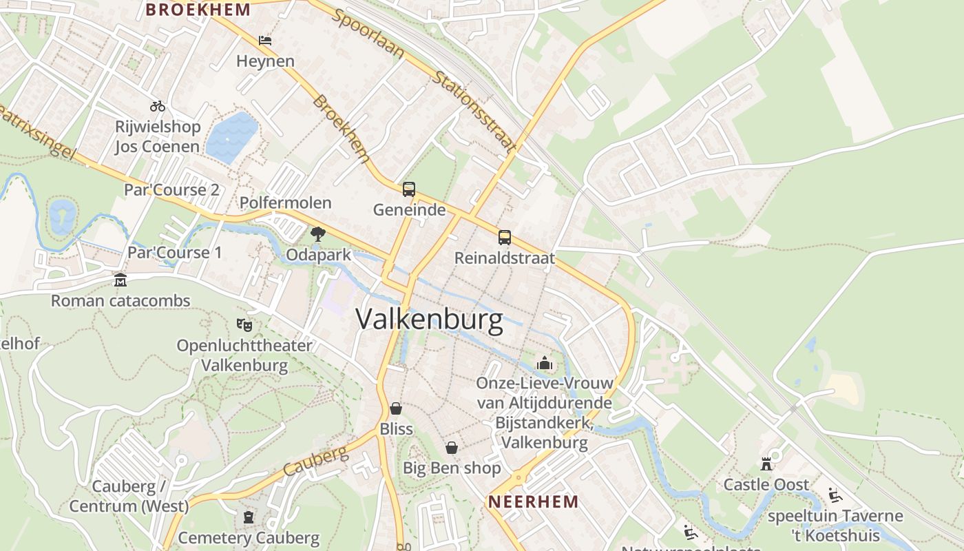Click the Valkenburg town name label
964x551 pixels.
[429, 320]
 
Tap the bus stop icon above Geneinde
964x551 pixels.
[409, 189]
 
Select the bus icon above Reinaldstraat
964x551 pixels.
[505, 238]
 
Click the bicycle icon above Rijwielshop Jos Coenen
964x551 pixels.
[158, 106]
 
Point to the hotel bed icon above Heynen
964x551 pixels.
[265, 41]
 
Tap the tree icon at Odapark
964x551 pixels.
[317, 234]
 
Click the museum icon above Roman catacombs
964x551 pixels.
[120, 280]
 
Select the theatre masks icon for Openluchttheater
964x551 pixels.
[244, 324]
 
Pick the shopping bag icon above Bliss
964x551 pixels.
[396, 408]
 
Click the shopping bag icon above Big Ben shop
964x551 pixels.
[451, 448]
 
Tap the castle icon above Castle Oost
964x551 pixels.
[766, 464]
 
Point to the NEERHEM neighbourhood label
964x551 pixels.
[533, 501]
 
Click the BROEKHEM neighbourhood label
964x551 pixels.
[198, 10]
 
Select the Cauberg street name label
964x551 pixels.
[316, 462]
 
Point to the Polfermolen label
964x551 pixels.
[285, 202]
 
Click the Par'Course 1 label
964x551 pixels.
[175, 253]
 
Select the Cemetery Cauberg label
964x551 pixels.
[249, 537]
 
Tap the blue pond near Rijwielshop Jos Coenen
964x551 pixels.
[232, 137]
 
